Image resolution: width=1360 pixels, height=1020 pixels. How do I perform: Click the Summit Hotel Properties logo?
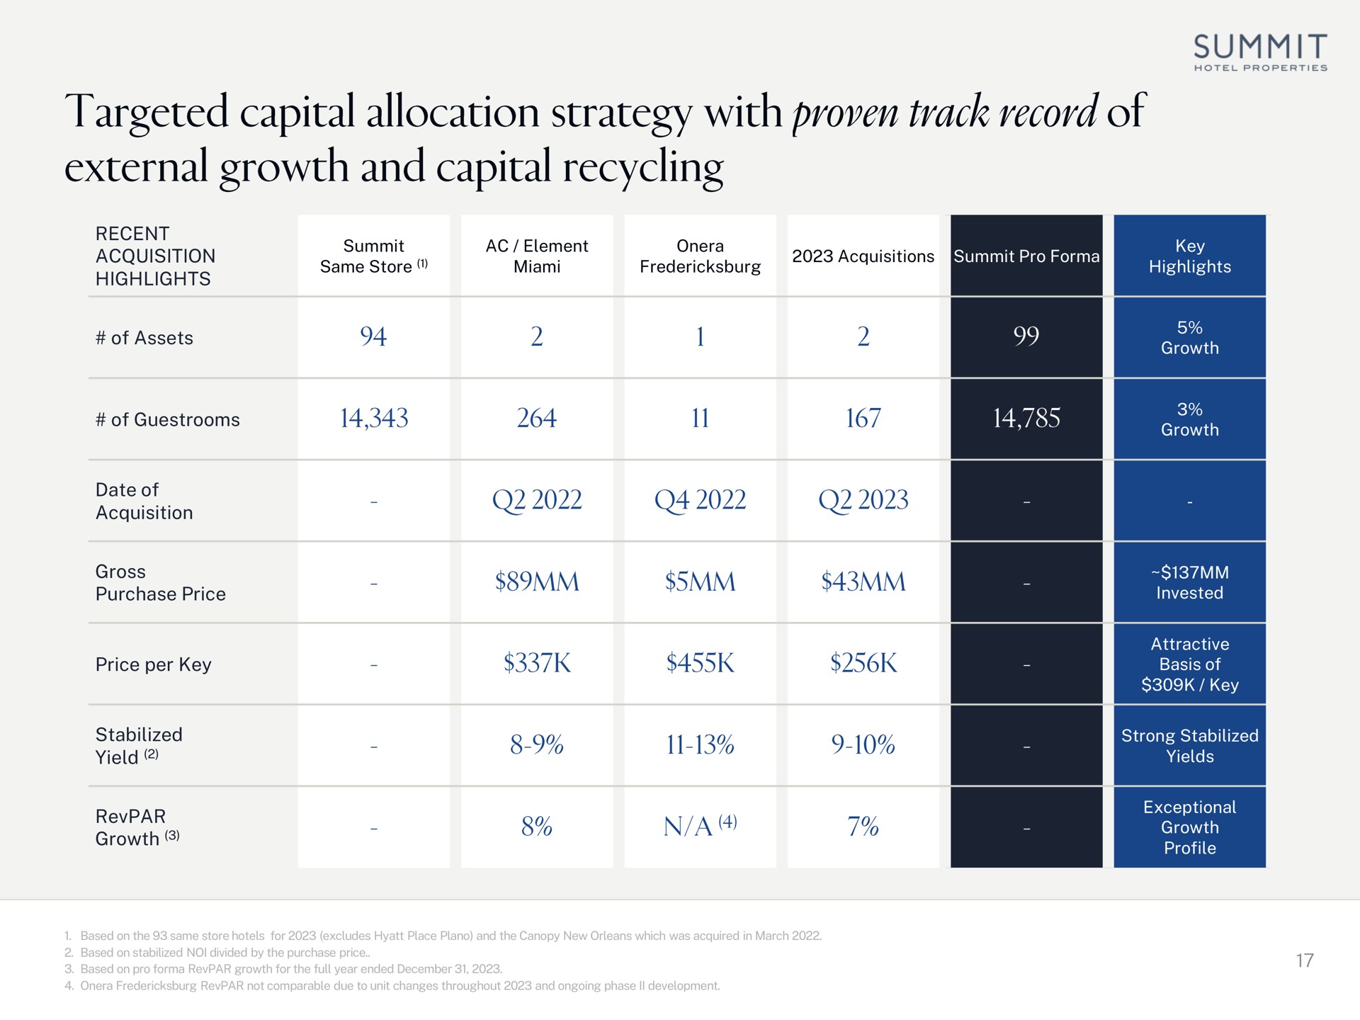(1260, 52)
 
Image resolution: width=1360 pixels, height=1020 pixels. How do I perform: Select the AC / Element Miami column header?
(537, 256)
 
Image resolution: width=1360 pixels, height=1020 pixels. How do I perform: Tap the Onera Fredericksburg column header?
(700, 256)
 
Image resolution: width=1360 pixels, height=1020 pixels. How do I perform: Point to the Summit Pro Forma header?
(1026, 256)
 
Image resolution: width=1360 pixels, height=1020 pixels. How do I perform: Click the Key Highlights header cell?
(1190, 256)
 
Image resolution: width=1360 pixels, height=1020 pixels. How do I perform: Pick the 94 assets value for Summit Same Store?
(373, 336)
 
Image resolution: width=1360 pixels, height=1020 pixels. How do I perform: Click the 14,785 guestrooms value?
(1026, 418)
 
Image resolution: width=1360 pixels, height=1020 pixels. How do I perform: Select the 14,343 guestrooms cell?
(374, 418)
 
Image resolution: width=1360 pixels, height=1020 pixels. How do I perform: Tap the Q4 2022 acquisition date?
(700, 501)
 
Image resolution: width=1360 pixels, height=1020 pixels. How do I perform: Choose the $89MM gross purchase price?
(537, 582)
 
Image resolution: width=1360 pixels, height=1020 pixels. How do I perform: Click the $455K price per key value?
(700, 664)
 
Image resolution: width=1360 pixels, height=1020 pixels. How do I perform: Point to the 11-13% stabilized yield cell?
(700, 745)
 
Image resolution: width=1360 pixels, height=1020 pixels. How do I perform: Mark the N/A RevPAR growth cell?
(700, 826)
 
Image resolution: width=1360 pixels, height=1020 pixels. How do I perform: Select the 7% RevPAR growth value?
(863, 827)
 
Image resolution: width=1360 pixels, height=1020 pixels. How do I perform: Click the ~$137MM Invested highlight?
(1190, 582)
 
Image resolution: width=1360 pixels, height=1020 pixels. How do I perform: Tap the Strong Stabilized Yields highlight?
(1190, 746)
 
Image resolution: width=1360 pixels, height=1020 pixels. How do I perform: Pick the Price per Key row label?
(154, 664)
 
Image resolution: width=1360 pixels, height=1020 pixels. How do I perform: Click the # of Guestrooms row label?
(168, 419)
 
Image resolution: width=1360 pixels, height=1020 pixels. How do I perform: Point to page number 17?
(1305, 960)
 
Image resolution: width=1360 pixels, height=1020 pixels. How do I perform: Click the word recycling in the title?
(643, 169)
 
